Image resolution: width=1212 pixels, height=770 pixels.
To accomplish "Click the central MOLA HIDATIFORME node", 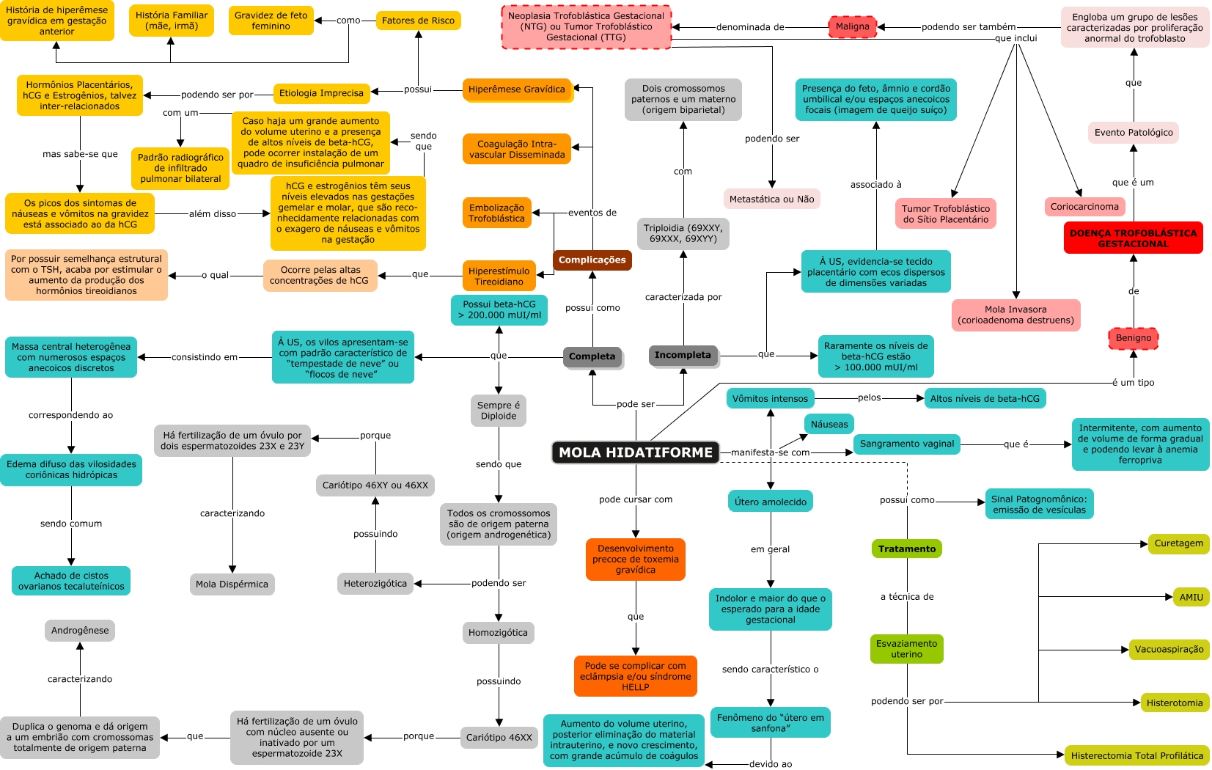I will pyautogui.click(x=635, y=452).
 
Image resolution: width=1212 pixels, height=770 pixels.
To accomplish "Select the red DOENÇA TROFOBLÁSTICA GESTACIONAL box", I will pyautogui.click(x=1133, y=238).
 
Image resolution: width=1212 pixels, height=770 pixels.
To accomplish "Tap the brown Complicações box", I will pyautogui.click(x=592, y=260).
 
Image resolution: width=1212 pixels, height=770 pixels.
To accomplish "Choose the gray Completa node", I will pyautogui.click(x=592, y=356).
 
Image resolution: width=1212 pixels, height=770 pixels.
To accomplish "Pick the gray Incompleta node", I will pyautogui.click(x=682, y=355).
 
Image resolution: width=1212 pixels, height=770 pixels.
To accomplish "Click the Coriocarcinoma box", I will pyautogui.click(x=1084, y=207).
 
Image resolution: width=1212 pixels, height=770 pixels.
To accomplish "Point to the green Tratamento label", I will pyautogui.click(x=907, y=549).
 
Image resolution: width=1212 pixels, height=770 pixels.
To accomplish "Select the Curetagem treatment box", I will pyautogui.click(x=1178, y=543).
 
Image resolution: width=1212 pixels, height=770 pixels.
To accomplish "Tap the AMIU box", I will pyautogui.click(x=1191, y=597).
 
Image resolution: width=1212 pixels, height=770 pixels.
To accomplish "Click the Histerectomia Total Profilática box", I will pyautogui.click(x=1136, y=755).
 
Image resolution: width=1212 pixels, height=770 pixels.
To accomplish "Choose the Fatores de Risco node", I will pyautogui.click(x=418, y=21).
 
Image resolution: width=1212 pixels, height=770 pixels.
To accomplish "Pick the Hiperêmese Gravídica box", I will pyautogui.click(x=516, y=89).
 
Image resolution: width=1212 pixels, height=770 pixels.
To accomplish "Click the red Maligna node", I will pyautogui.click(x=852, y=26).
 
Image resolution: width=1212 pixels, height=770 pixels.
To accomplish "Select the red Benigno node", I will pyautogui.click(x=1133, y=338).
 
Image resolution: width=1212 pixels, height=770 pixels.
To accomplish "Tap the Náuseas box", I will pyautogui.click(x=829, y=424).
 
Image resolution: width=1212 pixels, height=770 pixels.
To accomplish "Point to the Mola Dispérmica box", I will pyautogui.click(x=232, y=584).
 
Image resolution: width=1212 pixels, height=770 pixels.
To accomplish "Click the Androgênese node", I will pyautogui.click(x=80, y=630).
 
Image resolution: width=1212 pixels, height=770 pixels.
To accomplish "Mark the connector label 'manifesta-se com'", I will pyautogui.click(x=770, y=452).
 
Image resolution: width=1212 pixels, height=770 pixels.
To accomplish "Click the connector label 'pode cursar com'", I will pyautogui.click(x=635, y=499).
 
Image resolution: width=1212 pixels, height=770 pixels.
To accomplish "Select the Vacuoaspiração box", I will pyautogui.click(x=1169, y=649).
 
